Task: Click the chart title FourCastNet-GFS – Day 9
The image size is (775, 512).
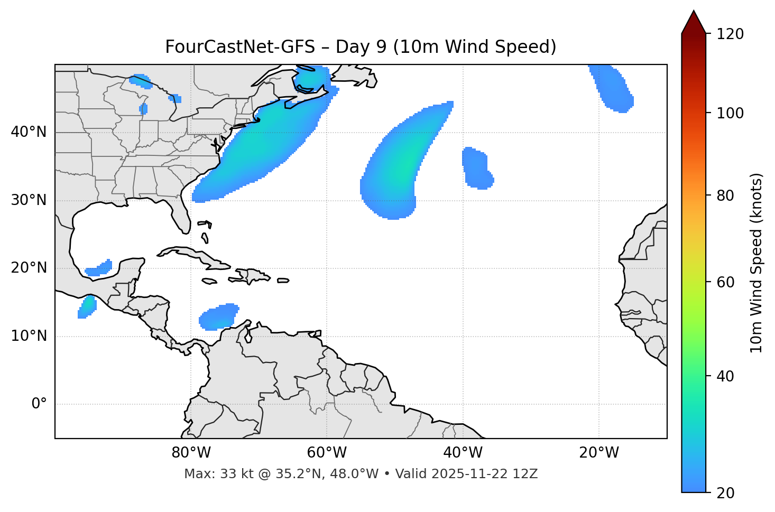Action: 361,47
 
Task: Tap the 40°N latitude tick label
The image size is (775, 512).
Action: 29,132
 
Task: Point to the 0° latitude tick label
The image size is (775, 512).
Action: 39,404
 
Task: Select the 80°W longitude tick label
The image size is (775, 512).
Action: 191,453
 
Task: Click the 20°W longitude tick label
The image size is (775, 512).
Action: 599,453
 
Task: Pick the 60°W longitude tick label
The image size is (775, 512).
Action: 327,453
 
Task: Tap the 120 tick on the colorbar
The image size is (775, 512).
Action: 730,34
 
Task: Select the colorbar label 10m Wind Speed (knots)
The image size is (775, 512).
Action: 756,263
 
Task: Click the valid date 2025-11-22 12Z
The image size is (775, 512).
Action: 484,474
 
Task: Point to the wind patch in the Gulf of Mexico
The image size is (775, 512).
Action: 99,268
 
